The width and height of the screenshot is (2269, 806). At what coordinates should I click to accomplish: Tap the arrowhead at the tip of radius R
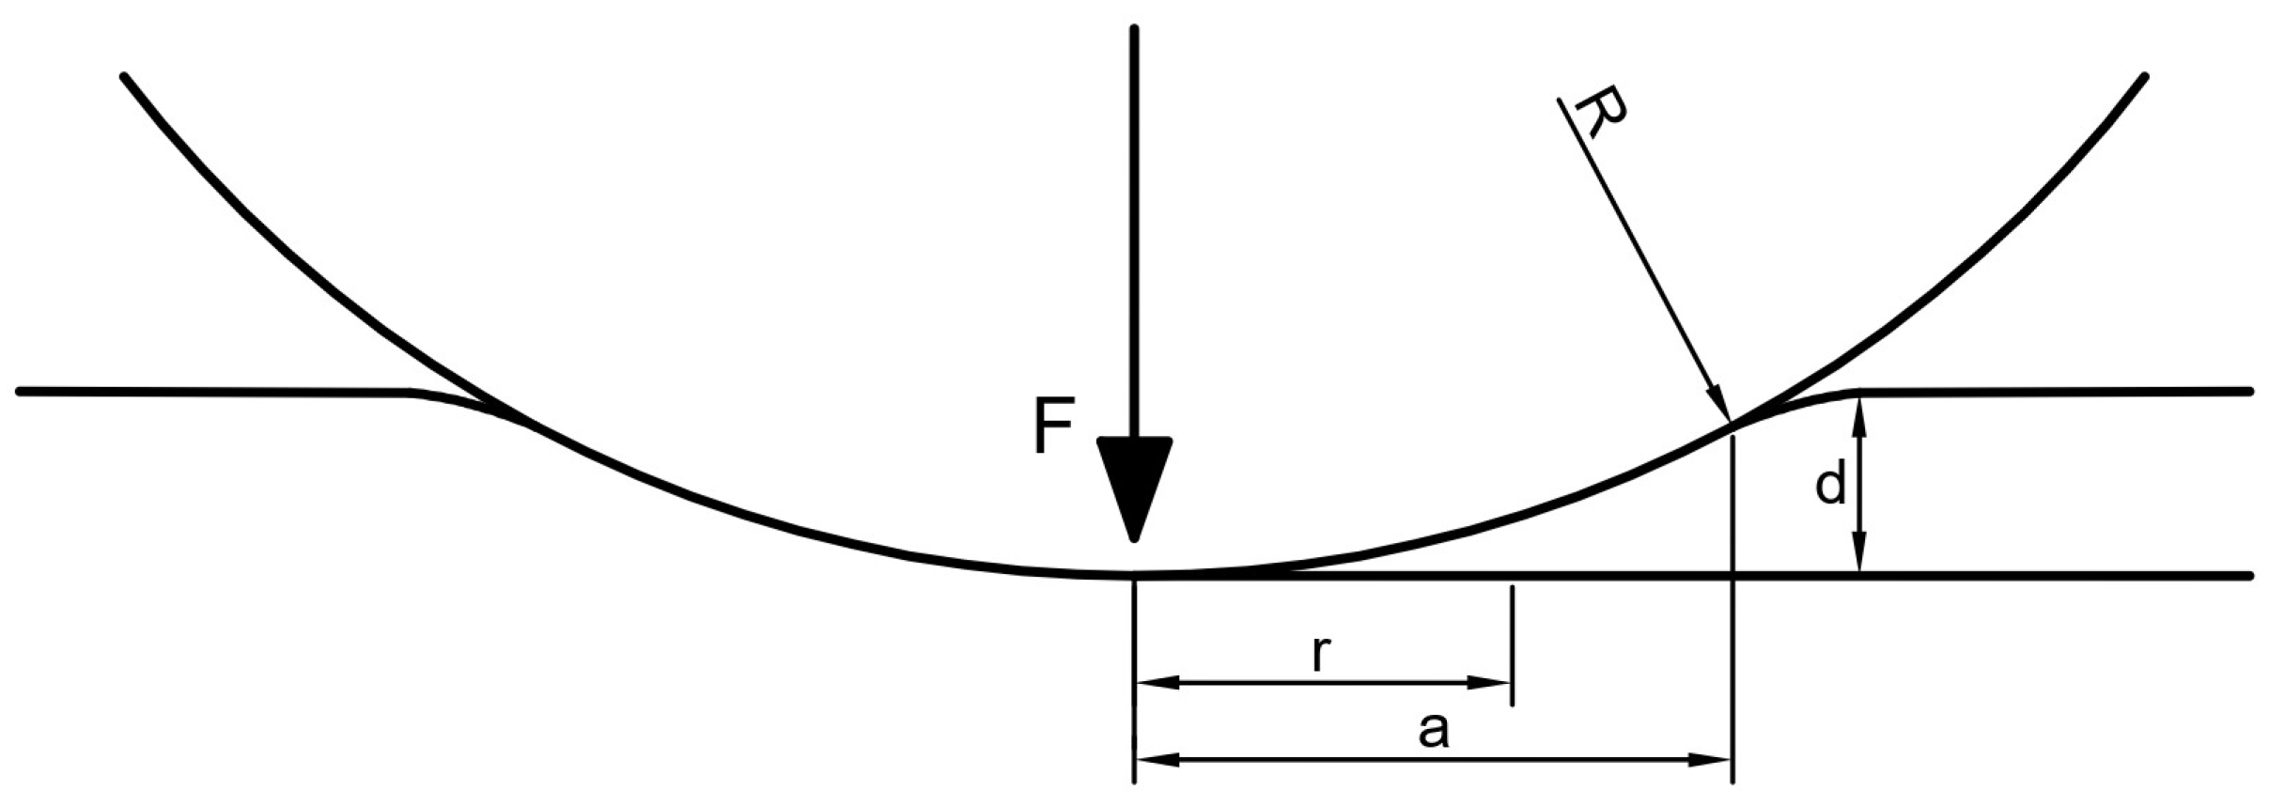coord(1720,406)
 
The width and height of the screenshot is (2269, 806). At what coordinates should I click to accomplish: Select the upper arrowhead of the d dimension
coord(1858,412)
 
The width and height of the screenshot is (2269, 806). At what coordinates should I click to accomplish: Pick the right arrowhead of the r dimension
coord(1494,683)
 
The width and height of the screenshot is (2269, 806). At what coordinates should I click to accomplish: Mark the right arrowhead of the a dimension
coord(1714,759)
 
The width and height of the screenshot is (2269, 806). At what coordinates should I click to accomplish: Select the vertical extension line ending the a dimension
coord(1733,611)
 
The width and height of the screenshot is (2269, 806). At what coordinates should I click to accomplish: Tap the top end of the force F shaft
coord(1134,30)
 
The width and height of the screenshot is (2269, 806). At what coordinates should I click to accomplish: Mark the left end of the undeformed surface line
coord(21,391)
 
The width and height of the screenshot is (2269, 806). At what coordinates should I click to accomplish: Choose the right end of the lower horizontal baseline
coord(2249,575)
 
